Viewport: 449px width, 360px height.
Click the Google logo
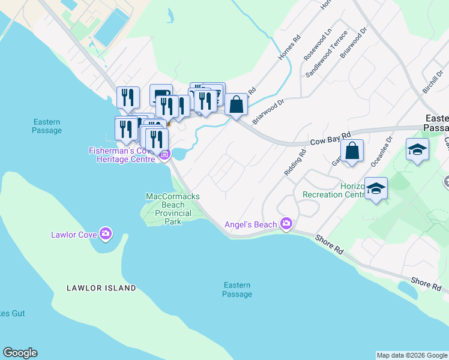coord(20,353)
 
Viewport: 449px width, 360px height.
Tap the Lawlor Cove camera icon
coord(106,233)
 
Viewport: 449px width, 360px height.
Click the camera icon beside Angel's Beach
coord(286,224)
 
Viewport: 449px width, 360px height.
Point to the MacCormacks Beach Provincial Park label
coord(173,209)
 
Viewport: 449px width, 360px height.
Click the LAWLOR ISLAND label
coord(101,288)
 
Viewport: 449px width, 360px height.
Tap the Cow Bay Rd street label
coord(330,140)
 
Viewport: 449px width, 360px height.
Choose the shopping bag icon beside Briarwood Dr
coord(237,104)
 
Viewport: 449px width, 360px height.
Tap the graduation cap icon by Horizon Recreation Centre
coord(376,188)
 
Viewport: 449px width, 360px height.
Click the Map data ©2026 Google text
coord(412,355)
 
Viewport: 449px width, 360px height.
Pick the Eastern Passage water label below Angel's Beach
coord(237,290)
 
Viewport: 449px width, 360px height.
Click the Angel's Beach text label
coord(250,225)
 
